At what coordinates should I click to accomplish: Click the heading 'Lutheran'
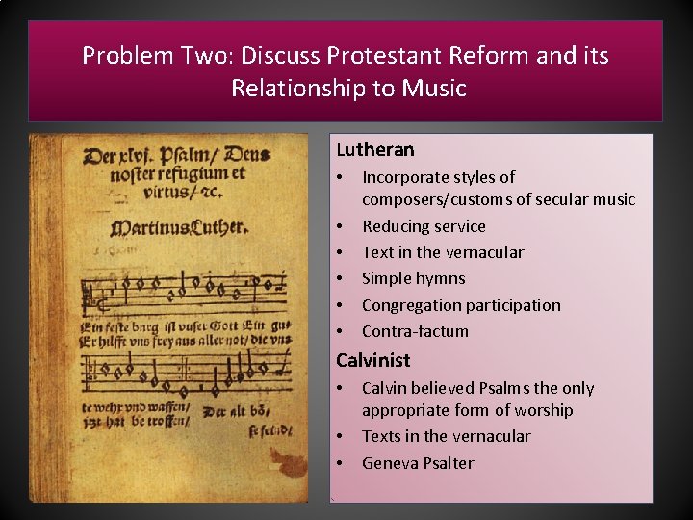click(374, 149)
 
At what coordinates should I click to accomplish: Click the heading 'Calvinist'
click(372, 360)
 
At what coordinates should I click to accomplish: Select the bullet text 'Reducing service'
click(423, 226)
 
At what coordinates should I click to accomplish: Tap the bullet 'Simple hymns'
click(413, 278)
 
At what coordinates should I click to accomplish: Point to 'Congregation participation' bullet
click(461, 305)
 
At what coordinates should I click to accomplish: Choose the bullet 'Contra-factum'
click(415, 331)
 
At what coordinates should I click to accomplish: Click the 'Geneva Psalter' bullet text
click(418, 463)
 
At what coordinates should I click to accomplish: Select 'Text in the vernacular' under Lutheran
click(443, 252)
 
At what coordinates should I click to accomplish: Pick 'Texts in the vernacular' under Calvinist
click(446, 436)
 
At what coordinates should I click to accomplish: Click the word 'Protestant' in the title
click(374, 55)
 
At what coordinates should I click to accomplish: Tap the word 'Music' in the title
click(433, 89)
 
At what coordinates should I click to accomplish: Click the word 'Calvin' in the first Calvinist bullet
click(384, 388)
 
